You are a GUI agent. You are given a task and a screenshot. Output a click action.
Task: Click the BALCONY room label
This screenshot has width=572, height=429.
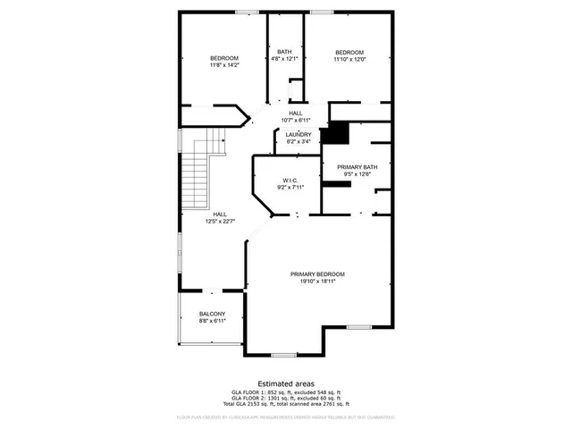[x=212, y=314]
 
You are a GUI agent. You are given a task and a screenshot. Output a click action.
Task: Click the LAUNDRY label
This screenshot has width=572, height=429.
[x=299, y=134]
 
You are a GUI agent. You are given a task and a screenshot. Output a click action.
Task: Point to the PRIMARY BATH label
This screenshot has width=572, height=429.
[x=357, y=166]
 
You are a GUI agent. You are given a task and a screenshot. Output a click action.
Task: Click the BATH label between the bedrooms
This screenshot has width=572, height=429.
[x=284, y=52]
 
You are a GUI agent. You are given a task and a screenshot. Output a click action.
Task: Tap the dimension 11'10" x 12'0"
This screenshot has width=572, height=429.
[x=349, y=59]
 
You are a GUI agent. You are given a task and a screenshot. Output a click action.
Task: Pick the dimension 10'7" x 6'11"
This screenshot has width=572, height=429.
[x=295, y=120]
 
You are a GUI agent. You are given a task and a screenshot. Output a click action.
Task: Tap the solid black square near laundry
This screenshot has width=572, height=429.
[x=334, y=133]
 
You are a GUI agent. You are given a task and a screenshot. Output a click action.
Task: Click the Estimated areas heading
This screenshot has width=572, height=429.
[x=286, y=382]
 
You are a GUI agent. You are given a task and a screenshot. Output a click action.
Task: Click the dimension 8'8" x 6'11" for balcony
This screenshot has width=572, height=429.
[x=212, y=321]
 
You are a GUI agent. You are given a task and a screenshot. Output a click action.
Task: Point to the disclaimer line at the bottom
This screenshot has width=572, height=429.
[x=286, y=416]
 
